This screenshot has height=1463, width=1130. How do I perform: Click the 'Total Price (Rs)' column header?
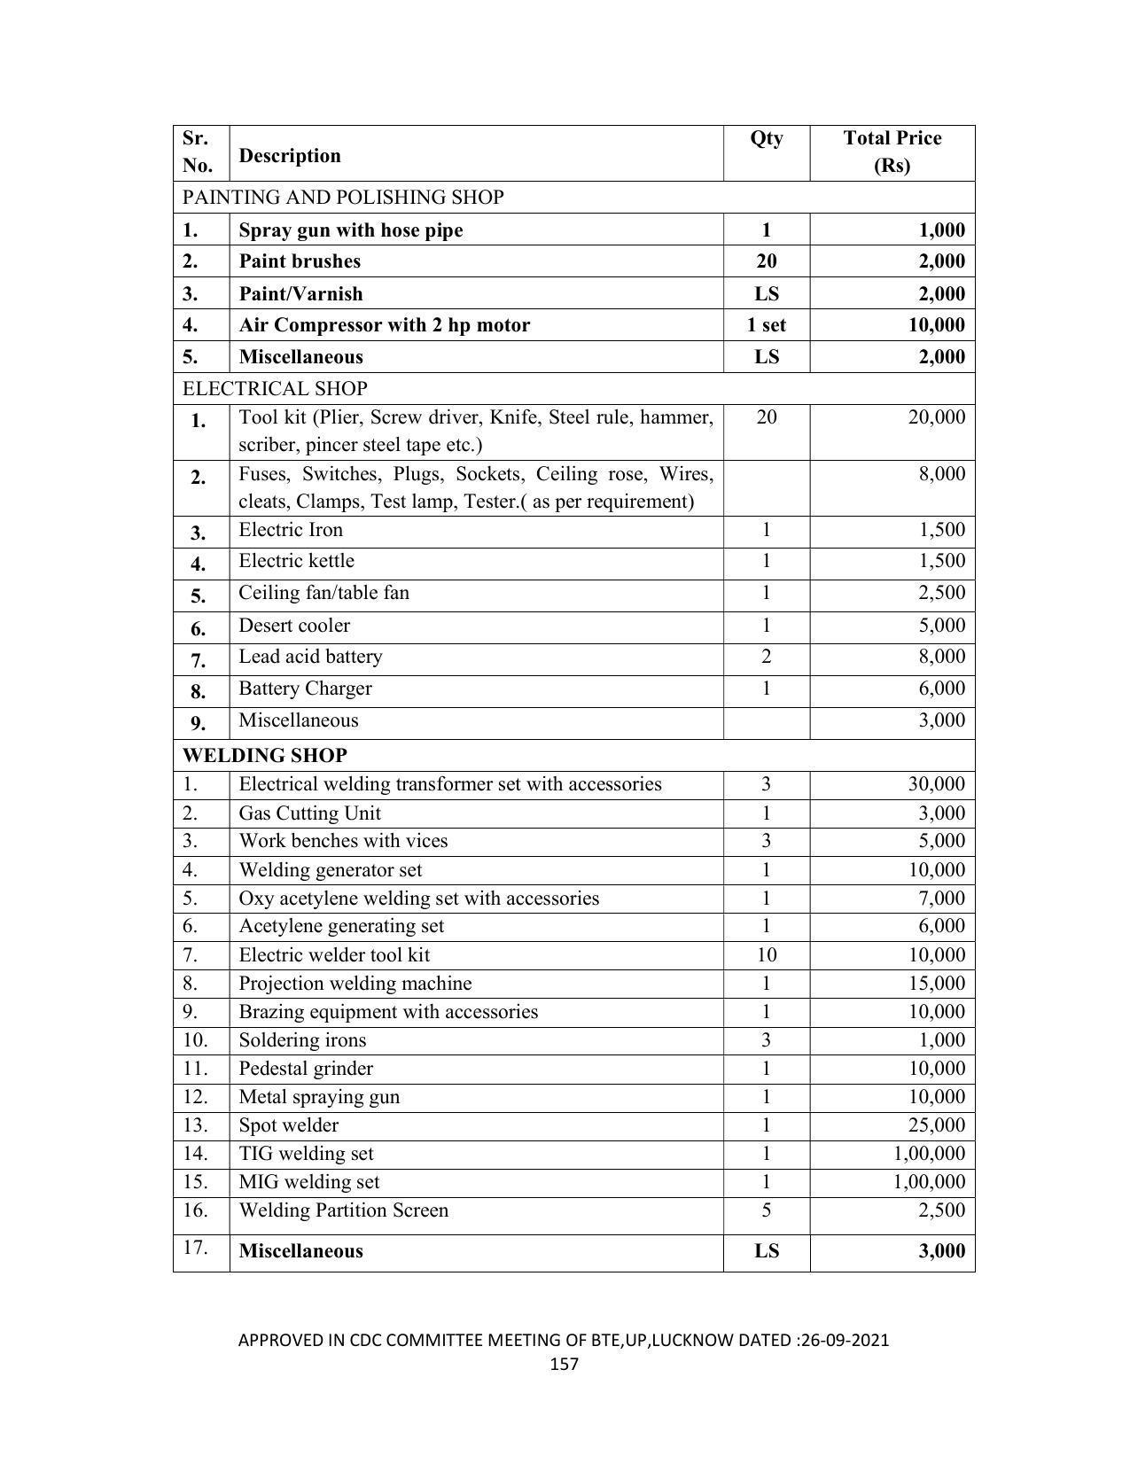[892, 152]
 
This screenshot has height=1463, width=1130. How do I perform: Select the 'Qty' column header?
[767, 138]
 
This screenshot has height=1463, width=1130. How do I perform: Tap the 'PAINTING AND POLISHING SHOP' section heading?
[343, 197]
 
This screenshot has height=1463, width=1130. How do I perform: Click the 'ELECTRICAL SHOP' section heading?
[275, 388]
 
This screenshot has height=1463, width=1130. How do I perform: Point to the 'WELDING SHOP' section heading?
[265, 755]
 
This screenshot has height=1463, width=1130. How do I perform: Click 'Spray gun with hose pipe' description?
[351, 230]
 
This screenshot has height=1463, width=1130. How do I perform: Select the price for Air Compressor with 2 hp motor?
[936, 325]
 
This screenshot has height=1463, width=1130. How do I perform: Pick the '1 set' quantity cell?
[767, 325]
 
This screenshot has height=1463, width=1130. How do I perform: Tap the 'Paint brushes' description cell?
[300, 261]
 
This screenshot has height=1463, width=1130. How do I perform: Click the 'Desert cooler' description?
[294, 626]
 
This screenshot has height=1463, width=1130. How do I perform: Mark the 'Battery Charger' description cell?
[305, 689]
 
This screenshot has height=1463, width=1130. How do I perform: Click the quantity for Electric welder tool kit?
[767, 955]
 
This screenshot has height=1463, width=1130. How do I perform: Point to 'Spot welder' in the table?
[289, 1125]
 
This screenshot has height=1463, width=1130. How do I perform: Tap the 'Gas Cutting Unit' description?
[310, 813]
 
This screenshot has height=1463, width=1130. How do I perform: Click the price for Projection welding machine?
[936, 984]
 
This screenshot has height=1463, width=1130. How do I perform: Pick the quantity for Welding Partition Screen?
[767, 1210]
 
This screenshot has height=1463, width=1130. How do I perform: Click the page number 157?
[565, 1364]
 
